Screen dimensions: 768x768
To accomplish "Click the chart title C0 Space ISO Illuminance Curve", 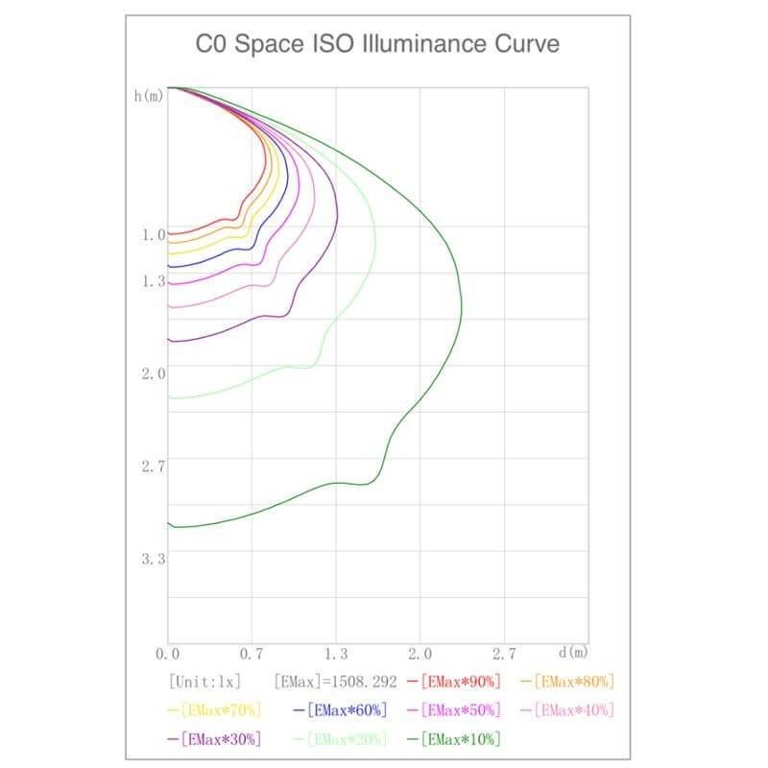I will [377, 45].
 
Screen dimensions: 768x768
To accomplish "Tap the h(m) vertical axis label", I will [149, 97].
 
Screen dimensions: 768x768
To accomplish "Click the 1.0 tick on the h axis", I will [154, 234].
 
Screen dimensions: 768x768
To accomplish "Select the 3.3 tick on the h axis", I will [154, 559].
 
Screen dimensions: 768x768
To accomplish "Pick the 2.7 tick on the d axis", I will [504, 654].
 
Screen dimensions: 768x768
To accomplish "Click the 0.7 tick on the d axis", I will [252, 654].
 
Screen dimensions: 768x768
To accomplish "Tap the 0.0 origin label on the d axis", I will [168, 654].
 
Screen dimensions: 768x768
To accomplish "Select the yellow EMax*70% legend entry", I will [213, 710].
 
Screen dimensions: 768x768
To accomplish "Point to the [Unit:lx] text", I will [204, 682].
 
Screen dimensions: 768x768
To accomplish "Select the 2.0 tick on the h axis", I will [154, 373].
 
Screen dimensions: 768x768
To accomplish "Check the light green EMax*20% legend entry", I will [347, 739].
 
